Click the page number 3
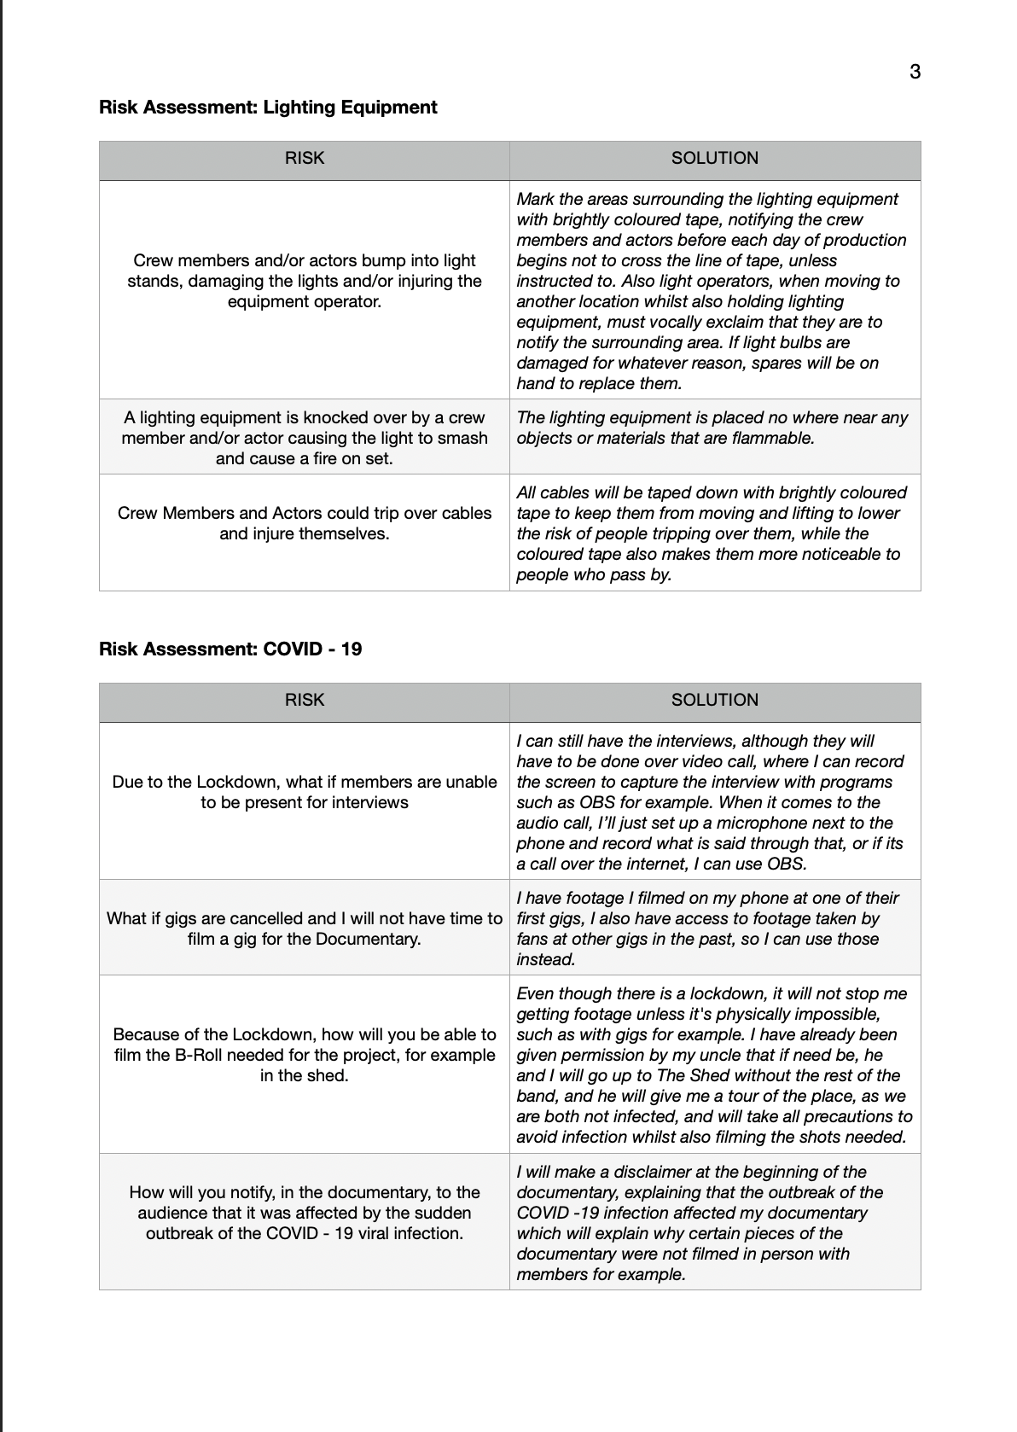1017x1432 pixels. tap(915, 72)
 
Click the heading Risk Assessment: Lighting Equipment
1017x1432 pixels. tap(268, 108)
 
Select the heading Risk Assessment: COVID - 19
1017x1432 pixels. tap(230, 649)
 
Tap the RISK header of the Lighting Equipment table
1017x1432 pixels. tap(305, 158)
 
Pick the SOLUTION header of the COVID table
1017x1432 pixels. tap(714, 700)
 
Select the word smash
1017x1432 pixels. tap(466, 439)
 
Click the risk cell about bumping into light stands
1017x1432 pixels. tap(305, 282)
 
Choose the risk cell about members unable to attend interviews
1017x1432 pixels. tap(305, 793)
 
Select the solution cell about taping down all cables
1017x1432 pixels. tap(714, 533)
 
